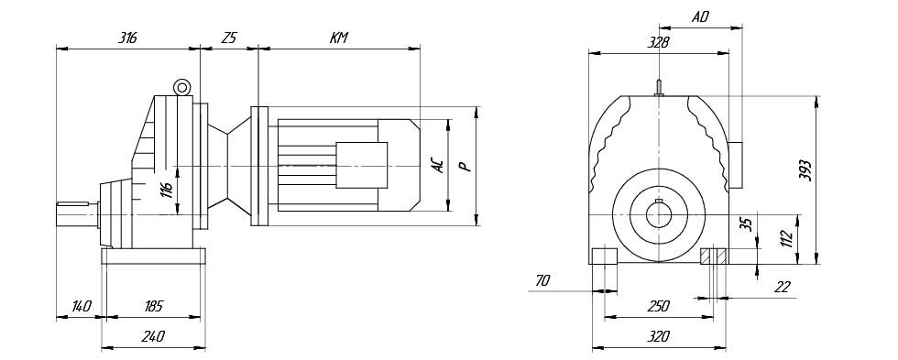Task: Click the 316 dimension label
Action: pyautogui.click(x=127, y=38)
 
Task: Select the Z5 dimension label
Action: pyautogui.click(x=228, y=38)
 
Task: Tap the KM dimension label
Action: pyautogui.click(x=338, y=38)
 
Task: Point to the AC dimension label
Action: pyautogui.click(x=438, y=165)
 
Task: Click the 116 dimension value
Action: pyautogui.click(x=166, y=190)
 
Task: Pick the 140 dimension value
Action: pyautogui.click(x=81, y=306)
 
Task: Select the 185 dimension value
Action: pyautogui.click(x=153, y=306)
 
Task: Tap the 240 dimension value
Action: pyautogui.click(x=153, y=336)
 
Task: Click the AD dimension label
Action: pyautogui.click(x=700, y=17)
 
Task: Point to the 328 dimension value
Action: pyautogui.click(x=658, y=42)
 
